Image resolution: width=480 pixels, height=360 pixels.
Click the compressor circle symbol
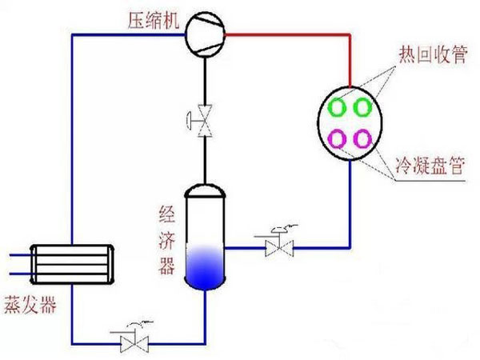[204, 35]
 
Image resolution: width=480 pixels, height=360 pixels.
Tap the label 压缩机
[150, 22]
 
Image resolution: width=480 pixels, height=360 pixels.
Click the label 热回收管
[425, 55]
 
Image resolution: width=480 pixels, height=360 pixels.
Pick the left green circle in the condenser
[337, 106]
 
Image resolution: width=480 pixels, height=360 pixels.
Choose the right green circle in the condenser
[362, 106]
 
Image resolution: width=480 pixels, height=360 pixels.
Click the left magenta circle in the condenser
[337, 138]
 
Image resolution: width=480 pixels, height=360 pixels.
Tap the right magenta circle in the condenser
[362, 138]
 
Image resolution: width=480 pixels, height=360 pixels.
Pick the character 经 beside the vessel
[166, 214]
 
